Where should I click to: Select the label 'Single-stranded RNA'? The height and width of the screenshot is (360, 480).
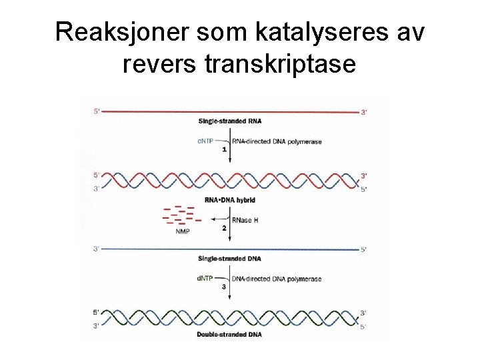[x=229, y=121]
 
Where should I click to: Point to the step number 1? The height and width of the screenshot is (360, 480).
[x=224, y=150]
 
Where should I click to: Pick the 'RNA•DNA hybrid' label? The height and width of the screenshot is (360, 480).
[x=229, y=200]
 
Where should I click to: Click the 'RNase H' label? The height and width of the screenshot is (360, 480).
[x=245, y=220]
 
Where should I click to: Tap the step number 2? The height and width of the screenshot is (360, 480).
[x=224, y=228]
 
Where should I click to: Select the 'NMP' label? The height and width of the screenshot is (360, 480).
[x=182, y=231]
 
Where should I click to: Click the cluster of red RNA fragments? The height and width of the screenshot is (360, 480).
[x=181, y=215]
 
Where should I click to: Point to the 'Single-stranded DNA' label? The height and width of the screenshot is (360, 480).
[x=229, y=259]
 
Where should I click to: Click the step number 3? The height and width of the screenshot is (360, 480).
[x=224, y=287]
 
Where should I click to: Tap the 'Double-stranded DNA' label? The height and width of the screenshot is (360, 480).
[x=229, y=333]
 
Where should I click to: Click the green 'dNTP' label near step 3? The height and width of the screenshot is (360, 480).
[x=205, y=278]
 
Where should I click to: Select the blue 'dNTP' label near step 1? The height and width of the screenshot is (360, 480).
[x=205, y=141]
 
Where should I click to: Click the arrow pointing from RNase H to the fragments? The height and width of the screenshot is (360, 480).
[x=218, y=219]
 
